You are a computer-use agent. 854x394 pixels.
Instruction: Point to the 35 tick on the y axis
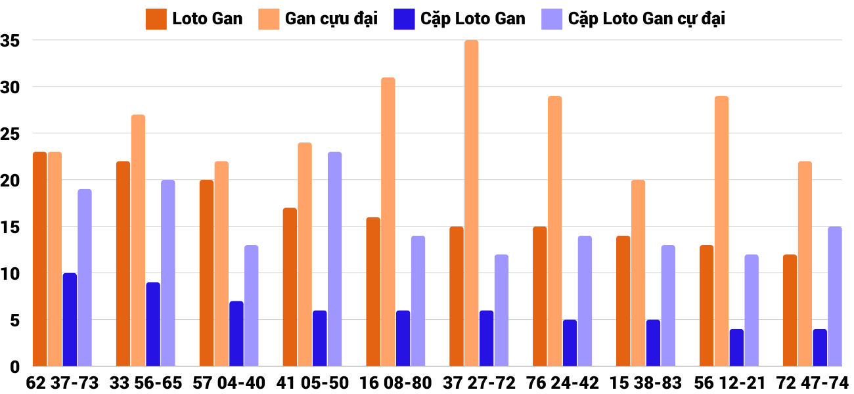[x=12, y=41]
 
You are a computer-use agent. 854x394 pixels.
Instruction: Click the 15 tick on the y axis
[x=12, y=227]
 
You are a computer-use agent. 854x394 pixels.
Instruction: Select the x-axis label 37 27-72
[x=479, y=383]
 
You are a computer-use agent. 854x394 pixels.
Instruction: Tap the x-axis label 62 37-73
[x=62, y=383]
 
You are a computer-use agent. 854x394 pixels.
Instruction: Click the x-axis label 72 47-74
[x=812, y=383]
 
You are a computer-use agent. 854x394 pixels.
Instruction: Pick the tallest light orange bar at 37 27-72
[x=472, y=204]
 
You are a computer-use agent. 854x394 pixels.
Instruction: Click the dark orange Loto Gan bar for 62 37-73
[x=40, y=259]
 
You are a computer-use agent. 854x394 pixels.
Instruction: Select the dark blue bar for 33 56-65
[x=153, y=324]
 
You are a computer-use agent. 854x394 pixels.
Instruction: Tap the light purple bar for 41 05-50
[x=334, y=259]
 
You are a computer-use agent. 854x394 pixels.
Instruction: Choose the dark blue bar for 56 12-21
[x=736, y=348]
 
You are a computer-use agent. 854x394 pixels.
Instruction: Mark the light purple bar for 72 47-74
[x=834, y=297]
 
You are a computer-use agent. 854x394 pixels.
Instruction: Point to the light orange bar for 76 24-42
[x=555, y=231]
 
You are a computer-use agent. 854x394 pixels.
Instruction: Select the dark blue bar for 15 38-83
[x=653, y=343]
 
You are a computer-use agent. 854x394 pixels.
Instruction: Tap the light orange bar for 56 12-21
[x=721, y=231]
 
